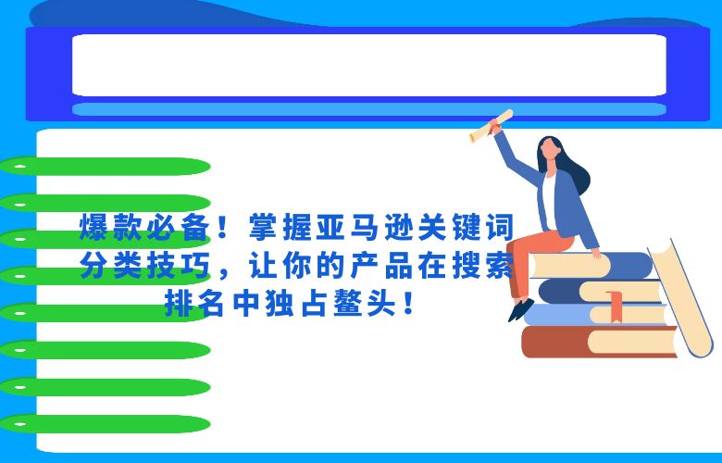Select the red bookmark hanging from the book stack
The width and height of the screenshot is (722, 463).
pyautogui.click(x=613, y=303)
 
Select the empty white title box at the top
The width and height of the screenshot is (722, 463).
pyautogui.click(x=368, y=65)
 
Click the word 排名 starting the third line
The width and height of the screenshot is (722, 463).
pyautogui.click(x=191, y=303)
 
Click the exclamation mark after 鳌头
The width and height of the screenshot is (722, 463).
pyautogui.click(x=408, y=303)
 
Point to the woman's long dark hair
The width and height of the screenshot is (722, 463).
pyautogui.click(x=579, y=176)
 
